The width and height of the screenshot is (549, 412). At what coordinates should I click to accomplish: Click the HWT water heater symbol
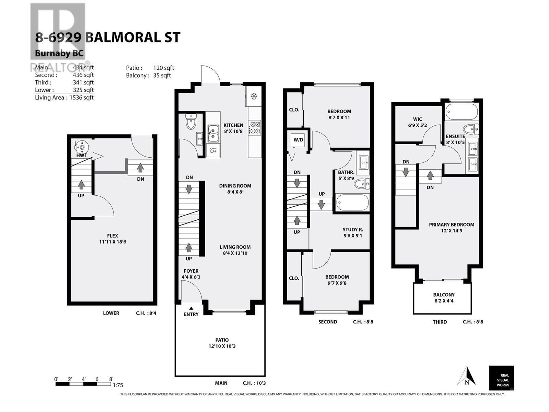82,147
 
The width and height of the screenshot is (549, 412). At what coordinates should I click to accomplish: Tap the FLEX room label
113,236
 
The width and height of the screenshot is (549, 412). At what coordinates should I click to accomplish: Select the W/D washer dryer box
298,140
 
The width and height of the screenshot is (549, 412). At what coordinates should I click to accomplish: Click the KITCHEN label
233,125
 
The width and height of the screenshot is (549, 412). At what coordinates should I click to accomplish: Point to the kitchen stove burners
255,127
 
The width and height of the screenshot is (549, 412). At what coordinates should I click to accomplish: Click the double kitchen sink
213,134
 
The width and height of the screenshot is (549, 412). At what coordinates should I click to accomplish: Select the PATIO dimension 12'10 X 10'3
222,346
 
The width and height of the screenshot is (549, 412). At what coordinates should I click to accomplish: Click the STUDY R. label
353,230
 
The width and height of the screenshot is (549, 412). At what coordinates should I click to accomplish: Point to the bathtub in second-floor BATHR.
352,203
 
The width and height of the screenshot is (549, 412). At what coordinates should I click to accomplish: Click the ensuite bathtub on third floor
462,111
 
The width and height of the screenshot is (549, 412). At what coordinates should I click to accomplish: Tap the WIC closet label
418,119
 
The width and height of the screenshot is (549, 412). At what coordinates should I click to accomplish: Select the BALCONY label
444,295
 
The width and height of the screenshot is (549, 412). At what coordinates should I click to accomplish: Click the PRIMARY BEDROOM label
452,225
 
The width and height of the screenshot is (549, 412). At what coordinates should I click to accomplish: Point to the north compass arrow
467,376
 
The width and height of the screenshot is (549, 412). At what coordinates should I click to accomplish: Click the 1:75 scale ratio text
118,385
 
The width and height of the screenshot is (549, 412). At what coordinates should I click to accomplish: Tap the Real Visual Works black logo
501,378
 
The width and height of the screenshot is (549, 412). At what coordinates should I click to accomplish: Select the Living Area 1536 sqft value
81,98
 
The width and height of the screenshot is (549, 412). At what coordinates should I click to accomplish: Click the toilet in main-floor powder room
191,122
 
